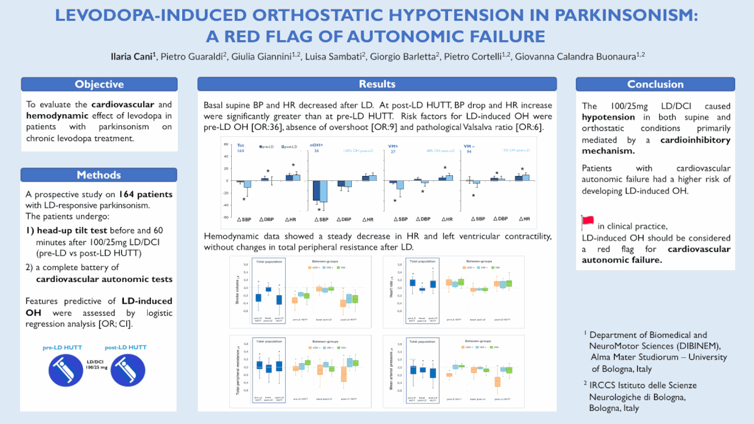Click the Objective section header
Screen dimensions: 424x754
pyautogui.click(x=99, y=84)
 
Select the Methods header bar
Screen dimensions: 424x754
pyautogui.click(x=99, y=175)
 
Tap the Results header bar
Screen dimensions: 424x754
pyautogui.click(x=377, y=84)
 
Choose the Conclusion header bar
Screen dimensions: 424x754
pyautogui.click(x=655, y=84)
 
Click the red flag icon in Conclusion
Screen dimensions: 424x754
pyautogui.click(x=588, y=220)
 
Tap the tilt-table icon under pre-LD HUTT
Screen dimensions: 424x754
pyautogui.click(x=66, y=368)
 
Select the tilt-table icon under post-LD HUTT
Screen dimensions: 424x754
pyautogui.click(x=128, y=368)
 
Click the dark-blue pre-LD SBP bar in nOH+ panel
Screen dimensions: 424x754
pyautogui.click(x=317, y=190)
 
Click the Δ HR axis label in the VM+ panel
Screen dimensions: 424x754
pyautogui.click(x=445, y=219)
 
